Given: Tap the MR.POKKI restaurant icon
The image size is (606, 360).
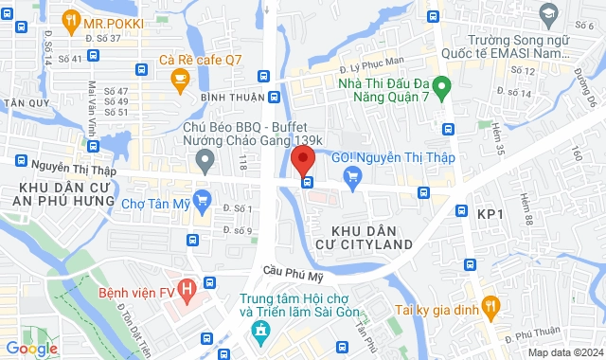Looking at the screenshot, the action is [x=71, y=20].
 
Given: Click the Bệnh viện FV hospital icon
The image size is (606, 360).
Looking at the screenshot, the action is [x=187, y=286].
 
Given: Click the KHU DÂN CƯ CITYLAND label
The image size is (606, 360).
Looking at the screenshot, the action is [x=372, y=238].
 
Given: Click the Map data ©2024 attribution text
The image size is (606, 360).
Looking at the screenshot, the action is [x=563, y=352].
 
